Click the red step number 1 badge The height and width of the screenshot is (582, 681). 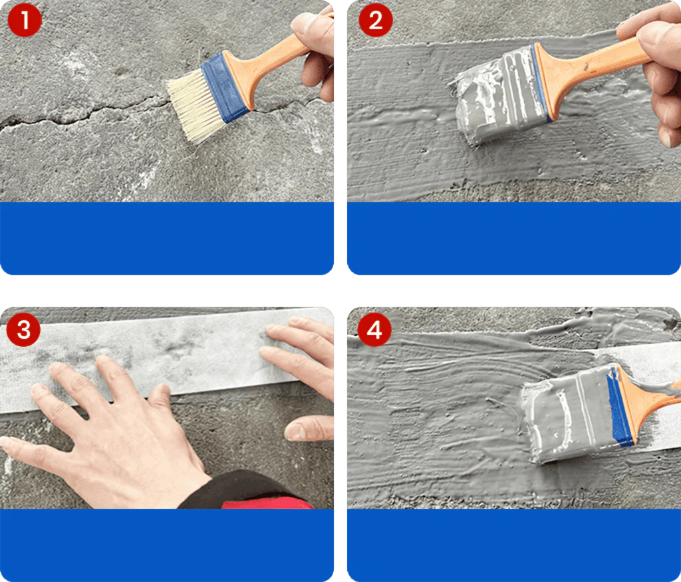click(x=25, y=22)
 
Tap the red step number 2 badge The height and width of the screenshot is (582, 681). click(x=376, y=22)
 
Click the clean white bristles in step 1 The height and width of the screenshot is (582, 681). click(x=190, y=106)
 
